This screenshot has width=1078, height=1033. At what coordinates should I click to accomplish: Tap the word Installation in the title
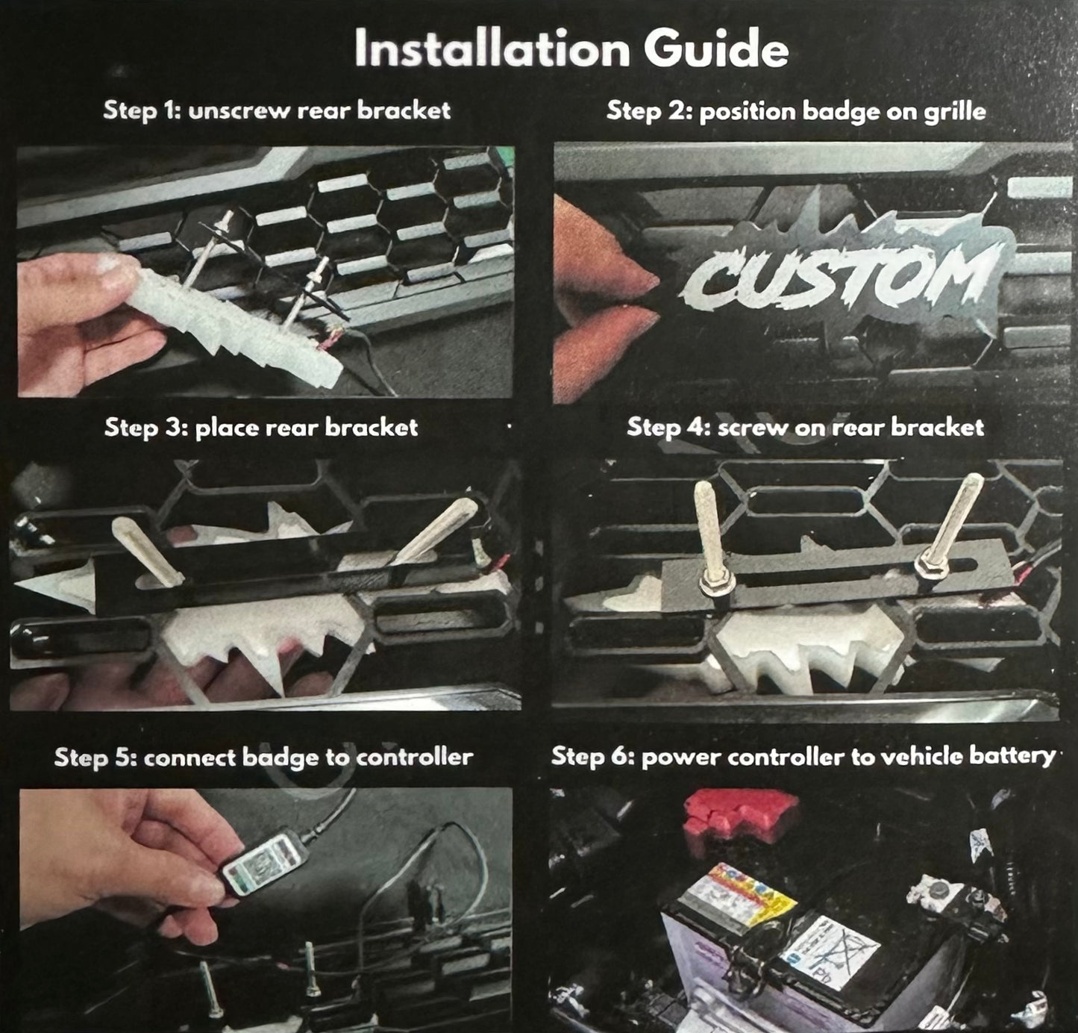pyautogui.click(x=492, y=49)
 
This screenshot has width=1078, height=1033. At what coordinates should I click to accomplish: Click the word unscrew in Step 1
pyautogui.click(x=239, y=111)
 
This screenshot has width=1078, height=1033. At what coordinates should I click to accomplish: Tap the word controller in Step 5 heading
pyautogui.click(x=414, y=758)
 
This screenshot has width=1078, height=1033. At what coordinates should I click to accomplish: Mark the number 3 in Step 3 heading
pyautogui.click(x=178, y=428)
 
